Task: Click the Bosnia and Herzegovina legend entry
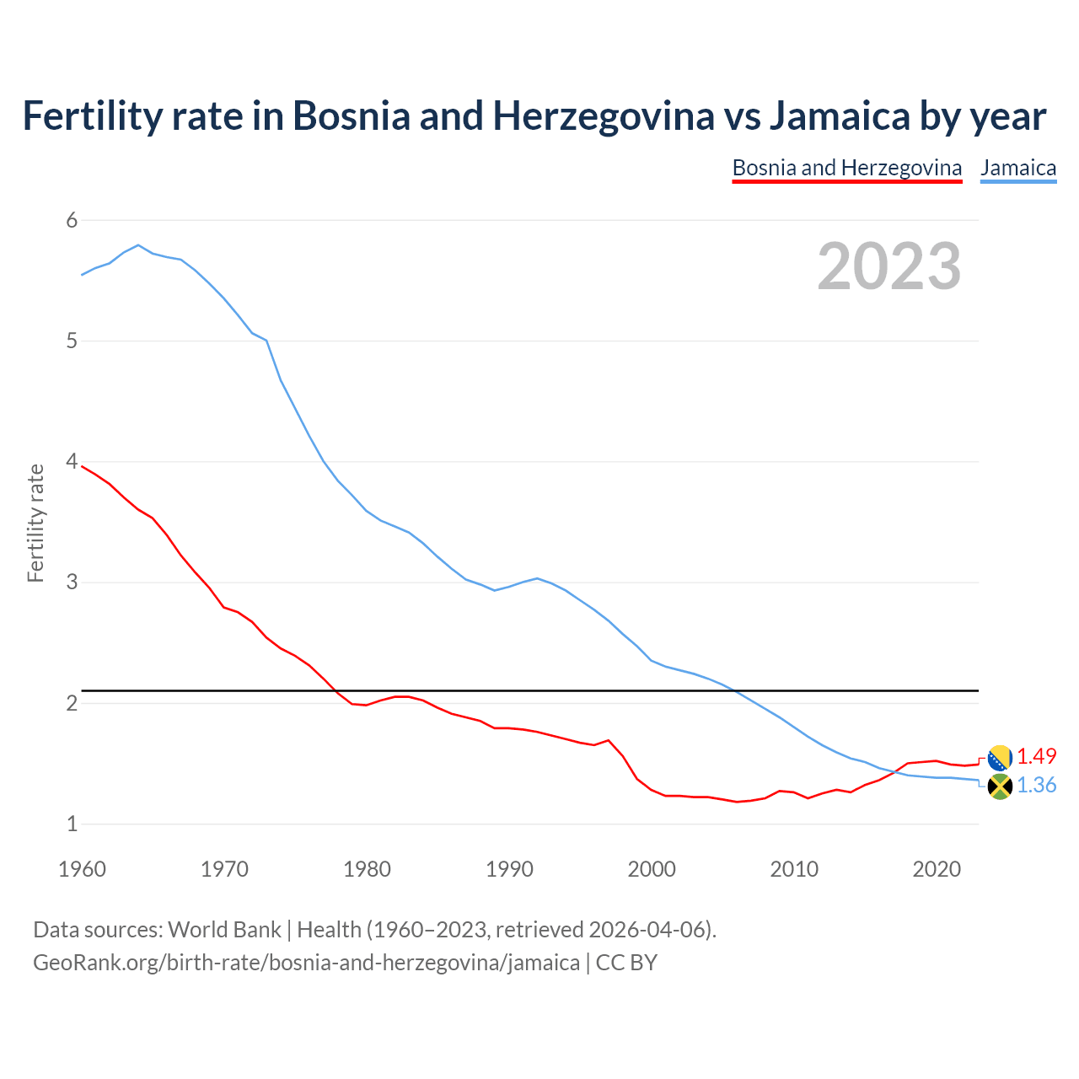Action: coord(846,168)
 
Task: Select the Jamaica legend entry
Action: coord(1018,168)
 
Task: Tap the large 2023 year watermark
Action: coord(889,266)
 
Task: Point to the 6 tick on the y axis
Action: coord(72,220)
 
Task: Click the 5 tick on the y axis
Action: coord(72,341)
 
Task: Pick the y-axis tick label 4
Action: coord(72,462)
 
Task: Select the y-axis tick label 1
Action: coord(72,824)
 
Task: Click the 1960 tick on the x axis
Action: coord(82,869)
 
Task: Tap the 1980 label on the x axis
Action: coord(367,869)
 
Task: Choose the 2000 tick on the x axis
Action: coord(652,869)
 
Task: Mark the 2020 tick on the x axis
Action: coord(937,869)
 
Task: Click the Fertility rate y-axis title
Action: coord(35,523)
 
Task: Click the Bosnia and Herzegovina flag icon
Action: coord(1000,758)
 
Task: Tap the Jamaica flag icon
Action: coord(1000,786)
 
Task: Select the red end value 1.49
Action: coord(1036,756)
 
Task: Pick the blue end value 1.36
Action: coord(1036,785)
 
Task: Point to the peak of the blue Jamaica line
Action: coord(138,245)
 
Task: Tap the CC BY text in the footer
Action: coord(626,963)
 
